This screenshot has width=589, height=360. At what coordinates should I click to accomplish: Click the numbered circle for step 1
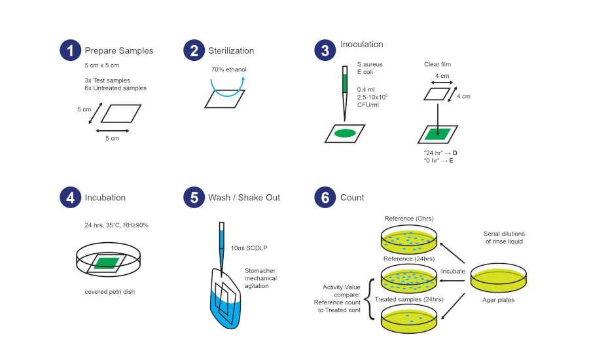69,50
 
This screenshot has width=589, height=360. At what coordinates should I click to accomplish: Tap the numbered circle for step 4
69,197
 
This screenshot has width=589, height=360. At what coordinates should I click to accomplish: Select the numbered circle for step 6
325,197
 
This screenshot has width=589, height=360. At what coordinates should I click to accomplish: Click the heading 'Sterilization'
232,50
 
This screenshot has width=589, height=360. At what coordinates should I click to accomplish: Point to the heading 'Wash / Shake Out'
244,197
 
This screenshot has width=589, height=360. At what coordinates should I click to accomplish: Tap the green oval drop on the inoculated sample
345,134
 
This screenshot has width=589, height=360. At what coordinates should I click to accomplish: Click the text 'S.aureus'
370,64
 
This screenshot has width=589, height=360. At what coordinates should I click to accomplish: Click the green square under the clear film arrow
437,134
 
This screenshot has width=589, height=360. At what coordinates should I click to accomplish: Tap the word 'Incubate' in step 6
454,270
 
